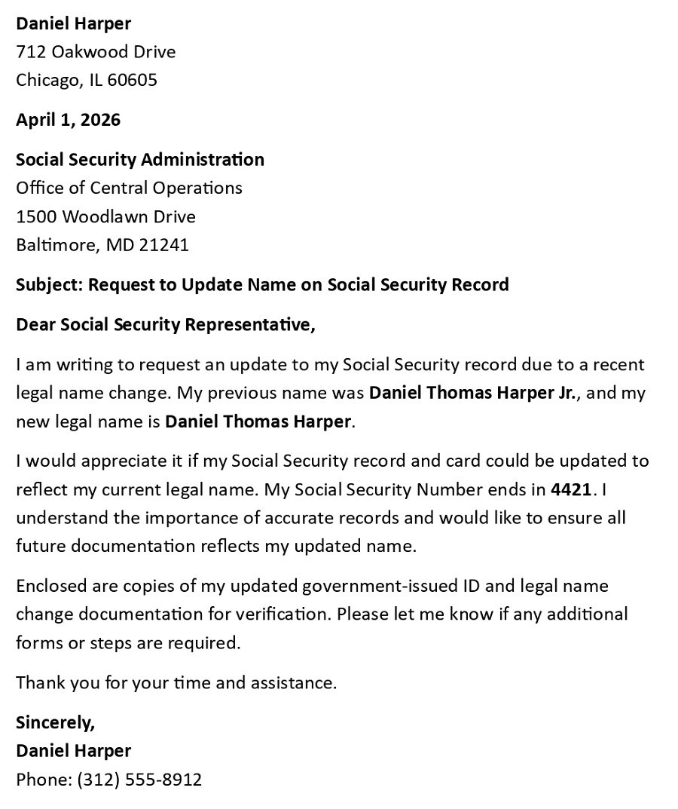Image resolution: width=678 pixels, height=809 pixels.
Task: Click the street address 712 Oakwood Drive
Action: tap(96, 52)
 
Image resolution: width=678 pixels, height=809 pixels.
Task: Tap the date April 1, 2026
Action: tap(68, 120)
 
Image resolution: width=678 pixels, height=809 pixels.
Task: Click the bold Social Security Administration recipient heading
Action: tap(140, 160)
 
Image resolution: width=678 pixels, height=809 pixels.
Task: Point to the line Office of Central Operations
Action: tap(129, 188)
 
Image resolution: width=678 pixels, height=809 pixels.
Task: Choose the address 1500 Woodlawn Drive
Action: tap(105, 217)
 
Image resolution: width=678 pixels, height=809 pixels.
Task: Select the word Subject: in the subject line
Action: tap(49, 285)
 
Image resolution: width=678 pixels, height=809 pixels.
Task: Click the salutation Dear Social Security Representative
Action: tap(165, 325)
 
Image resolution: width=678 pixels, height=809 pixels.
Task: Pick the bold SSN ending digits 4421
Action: tap(571, 490)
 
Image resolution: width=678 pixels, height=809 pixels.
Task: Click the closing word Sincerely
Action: tap(55, 723)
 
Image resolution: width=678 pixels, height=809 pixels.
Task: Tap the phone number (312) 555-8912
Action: tap(139, 780)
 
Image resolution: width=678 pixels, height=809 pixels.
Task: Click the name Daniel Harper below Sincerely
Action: tap(73, 751)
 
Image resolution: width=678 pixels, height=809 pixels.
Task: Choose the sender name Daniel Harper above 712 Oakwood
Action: tap(73, 23)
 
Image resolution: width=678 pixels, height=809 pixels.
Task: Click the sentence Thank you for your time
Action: tap(176, 683)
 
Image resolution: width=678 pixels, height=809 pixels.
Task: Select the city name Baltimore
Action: tap(57, 245)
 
